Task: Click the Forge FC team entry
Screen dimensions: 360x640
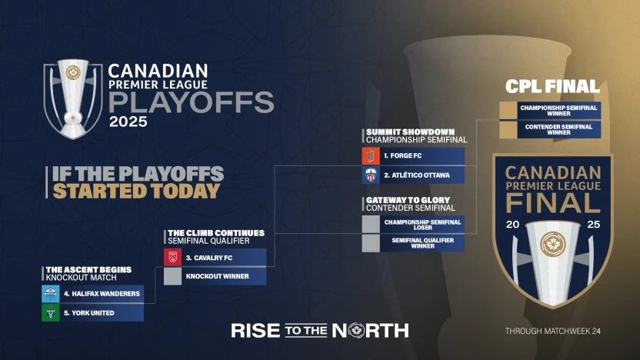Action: (x=413, y=156)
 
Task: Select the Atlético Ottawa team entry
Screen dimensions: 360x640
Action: (x=413, y=175)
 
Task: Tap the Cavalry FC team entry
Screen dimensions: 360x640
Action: (x=215, y=257)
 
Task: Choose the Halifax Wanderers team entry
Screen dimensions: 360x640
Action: (x=92, y=294)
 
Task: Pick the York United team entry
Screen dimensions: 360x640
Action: (x=92, y=313)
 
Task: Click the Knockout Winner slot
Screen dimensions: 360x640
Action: (x=215, y=275)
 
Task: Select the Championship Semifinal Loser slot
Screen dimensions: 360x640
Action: (x=413, y=224)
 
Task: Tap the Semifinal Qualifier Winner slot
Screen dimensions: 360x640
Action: (x=413, y=243)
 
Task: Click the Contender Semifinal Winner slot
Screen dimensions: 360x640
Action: (x=549, y=129)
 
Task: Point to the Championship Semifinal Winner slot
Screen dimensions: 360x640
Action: (x=549, y=111)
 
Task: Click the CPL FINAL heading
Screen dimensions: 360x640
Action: (x=552, y=86)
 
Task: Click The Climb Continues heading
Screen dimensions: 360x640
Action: (x=215, y=232)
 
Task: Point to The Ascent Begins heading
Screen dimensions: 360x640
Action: (x=87, y=269)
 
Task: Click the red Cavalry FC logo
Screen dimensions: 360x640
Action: (x=173, y=257)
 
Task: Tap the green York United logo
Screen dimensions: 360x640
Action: (x=51, y=313)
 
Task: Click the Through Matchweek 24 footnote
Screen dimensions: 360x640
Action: (x=552, y=331)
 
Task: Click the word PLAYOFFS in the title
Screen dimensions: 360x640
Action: (x=191, y=102)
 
